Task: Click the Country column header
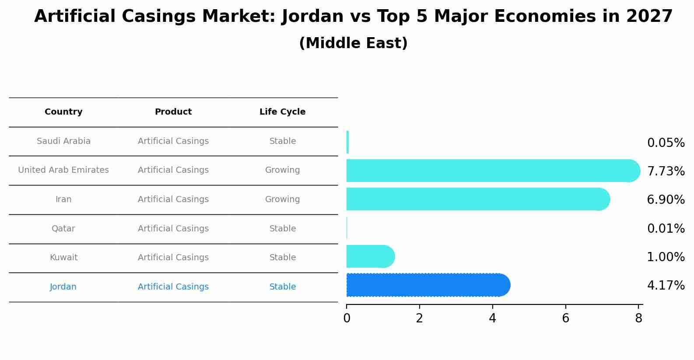point(63,112)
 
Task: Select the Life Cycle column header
point(282,112)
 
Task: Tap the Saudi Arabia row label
point(63,141)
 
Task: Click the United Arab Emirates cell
point(63,170)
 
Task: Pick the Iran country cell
point(63,199)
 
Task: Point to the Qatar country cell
point(63,229)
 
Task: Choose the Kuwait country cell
point(63,258)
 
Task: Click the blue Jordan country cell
point(63,287)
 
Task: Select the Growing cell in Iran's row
point(282,199)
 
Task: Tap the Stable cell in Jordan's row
point(282,287)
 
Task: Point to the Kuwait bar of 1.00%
point(370,256)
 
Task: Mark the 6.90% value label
point(666,200)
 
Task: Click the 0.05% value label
point(666,143)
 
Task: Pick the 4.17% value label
point(666,286)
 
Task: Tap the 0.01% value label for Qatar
point(666,229)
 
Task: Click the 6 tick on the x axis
point(565,318)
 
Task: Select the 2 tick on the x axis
point(419,318)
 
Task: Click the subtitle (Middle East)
point(353,43)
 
